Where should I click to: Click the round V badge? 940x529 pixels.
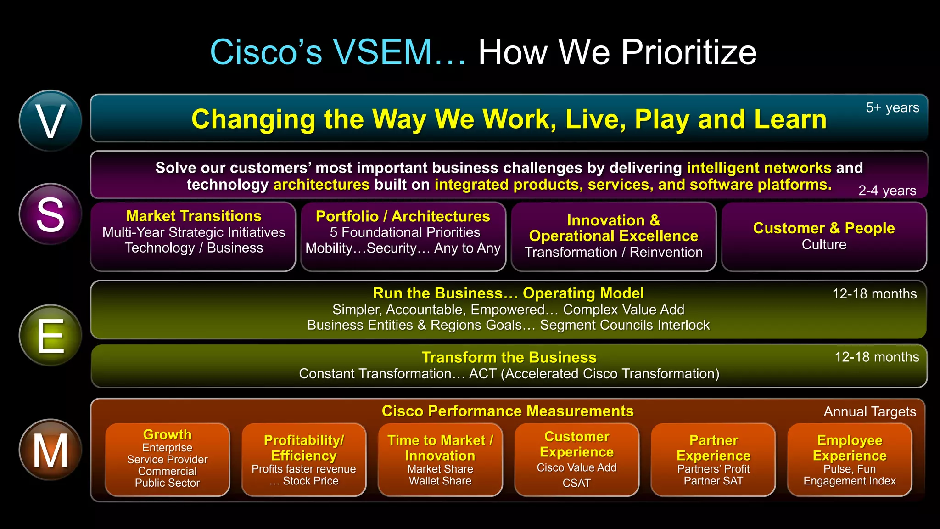(50, 121)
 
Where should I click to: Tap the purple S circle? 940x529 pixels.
(50, 214)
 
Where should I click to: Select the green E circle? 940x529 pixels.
(50, 335)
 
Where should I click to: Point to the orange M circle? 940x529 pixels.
(50, 450)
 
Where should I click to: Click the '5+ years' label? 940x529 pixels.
(892, 107)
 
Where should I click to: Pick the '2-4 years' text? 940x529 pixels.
(887, 191)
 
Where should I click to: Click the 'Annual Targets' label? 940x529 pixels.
(870, 412)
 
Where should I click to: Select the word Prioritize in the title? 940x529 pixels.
(688, 52)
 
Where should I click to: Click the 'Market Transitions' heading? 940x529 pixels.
(194, 216)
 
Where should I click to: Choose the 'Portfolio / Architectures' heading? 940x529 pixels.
(403, 216)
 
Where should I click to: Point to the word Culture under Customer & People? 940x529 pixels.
(824, 245)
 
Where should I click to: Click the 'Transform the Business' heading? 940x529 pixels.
(509, 357)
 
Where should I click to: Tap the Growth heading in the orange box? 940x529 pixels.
(167, 434)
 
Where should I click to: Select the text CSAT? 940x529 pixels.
(576, 483)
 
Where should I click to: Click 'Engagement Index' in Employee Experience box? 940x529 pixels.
(850, 481)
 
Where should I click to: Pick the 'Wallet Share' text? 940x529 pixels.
(440, 481)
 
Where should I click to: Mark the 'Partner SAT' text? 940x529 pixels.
(713, 481)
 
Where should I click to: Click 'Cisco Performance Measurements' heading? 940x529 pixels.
(508, 411)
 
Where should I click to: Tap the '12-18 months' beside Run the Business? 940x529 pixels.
(874, 294)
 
